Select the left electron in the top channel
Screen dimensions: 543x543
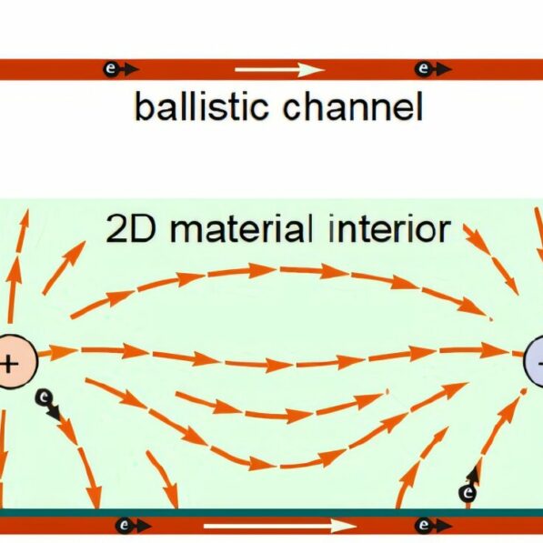coord(111,69)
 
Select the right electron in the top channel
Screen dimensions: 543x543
coord(422,69)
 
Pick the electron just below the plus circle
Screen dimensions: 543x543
coord(43,397)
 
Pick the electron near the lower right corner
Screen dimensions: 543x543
coord(468,492)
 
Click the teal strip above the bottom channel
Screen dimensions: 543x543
coord(273,513)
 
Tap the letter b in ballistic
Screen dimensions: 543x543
coord(143,107)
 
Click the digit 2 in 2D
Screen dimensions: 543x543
coord(116,229)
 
